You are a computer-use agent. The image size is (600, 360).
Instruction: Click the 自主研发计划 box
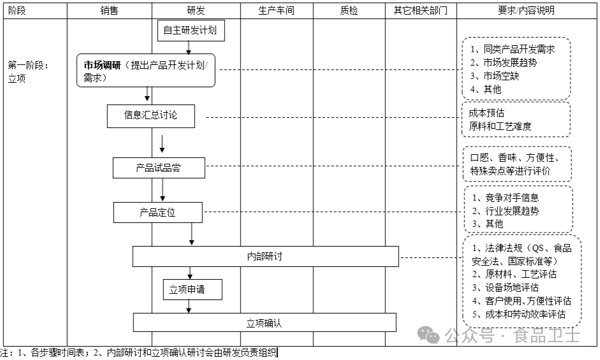[191, 29]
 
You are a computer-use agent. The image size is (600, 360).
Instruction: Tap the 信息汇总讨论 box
[150, 115]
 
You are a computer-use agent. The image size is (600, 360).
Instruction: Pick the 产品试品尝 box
[159, 168]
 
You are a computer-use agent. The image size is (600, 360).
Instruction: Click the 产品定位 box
[158, 213]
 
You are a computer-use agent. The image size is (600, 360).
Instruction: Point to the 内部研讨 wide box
[265, 256]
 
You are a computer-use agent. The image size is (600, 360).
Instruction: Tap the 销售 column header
[109, 11]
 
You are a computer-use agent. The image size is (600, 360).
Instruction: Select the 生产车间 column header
[276, 11]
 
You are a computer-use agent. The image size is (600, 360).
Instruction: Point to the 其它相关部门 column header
[421, 11]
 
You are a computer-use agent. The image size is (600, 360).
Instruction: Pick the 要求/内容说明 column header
[526, 11]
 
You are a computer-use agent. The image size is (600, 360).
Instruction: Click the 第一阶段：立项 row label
[29, 71]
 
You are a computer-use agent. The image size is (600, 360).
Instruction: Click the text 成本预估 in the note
[487, 113]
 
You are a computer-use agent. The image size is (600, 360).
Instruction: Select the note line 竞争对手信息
[511, 198]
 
